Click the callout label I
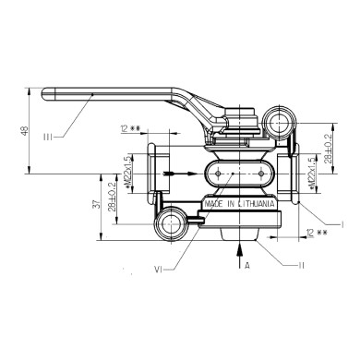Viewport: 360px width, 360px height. (342, 224)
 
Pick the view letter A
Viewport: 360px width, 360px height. (246, 266)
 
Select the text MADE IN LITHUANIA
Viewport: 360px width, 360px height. (236, 204)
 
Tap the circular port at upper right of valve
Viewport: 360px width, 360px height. (276, 120)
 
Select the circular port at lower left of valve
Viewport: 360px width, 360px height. (169, 222)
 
